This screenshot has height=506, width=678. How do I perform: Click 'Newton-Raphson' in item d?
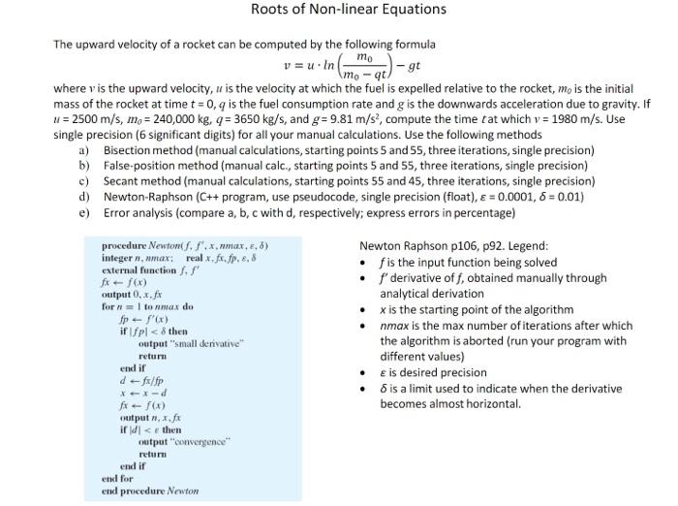pos(146,196)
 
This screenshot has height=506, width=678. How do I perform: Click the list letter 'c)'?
pos(83,180)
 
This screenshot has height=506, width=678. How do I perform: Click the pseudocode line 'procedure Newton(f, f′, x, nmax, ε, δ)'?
pos(185,246)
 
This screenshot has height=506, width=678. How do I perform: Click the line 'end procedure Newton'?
pos(150,490)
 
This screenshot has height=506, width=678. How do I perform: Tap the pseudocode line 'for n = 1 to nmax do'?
pos(148,307)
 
